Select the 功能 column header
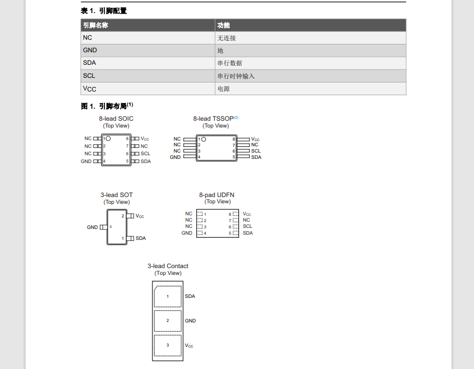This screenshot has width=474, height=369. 223,25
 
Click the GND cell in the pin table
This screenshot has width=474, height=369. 90,50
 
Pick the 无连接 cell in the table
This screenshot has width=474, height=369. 227,38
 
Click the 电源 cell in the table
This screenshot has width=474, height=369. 223,89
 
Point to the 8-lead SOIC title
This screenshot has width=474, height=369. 116,119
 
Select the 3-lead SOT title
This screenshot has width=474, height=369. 116,195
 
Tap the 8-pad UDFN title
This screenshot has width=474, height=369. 217,195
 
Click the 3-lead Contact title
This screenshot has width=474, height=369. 168,266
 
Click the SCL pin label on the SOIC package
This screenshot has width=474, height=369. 145,154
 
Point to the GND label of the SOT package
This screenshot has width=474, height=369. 92,227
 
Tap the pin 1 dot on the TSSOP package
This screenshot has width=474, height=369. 204,139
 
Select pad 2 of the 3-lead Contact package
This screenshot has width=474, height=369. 168,320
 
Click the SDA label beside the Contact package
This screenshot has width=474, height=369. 190,296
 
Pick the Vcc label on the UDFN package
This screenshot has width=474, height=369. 247,214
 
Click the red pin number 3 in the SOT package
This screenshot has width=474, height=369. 111,227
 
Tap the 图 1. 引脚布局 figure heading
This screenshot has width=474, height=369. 106,106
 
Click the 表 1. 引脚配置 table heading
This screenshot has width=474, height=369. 104,10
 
